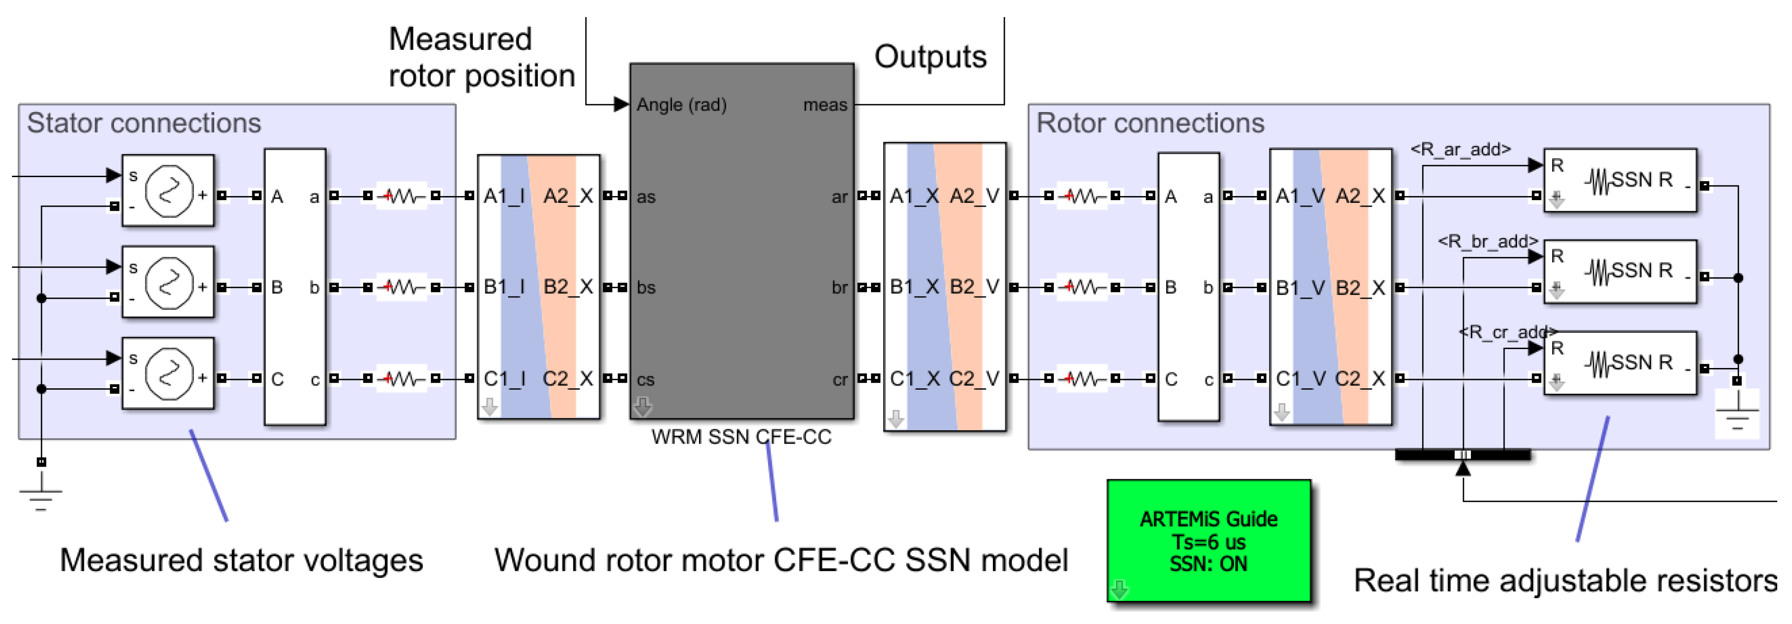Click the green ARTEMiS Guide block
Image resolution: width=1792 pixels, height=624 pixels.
[x=1208, y=541]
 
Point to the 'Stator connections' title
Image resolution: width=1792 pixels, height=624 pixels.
[x=144, y=123]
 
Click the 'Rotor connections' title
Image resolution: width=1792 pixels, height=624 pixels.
[x=1150, y=123]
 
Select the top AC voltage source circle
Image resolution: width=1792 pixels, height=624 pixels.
[x=169, y=190]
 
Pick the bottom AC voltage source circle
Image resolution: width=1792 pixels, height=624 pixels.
[x=169, y=374]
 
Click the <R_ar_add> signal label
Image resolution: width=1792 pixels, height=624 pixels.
[x=1460, y=149]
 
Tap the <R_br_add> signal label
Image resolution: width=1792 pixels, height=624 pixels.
[x=1488, y=241]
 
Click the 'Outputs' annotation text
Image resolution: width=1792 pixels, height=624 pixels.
[x=930, y=56]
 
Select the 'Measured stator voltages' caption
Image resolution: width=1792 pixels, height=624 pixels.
[x=241, y=560]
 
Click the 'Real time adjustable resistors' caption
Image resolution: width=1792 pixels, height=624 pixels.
[x=1565, y=581]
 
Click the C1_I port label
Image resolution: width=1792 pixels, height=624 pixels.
[x=504, y=379]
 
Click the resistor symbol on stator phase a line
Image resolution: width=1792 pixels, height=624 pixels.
[x=401, y=196]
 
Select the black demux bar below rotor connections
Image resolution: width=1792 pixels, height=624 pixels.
[x=1462, y=455]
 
